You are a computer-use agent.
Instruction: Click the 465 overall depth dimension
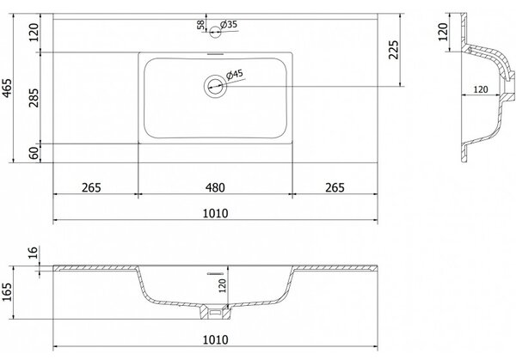click(x=7, y=88)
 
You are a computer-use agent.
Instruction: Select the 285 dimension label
click(x=34, y=98)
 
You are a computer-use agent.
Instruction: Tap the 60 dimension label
click(x=34, y=153)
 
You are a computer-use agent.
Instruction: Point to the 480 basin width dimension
click(x=215, y=187)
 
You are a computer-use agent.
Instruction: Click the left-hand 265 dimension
click(x=91, y=187)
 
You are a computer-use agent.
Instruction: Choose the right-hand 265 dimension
click(x=335, y=187)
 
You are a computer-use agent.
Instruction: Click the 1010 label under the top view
click(x=215, y=213)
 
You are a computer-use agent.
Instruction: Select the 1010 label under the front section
click(x=215, y=339)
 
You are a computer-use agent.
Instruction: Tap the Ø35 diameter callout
click(x=229, y=25)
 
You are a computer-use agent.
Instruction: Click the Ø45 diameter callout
click(x=235, y=75)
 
